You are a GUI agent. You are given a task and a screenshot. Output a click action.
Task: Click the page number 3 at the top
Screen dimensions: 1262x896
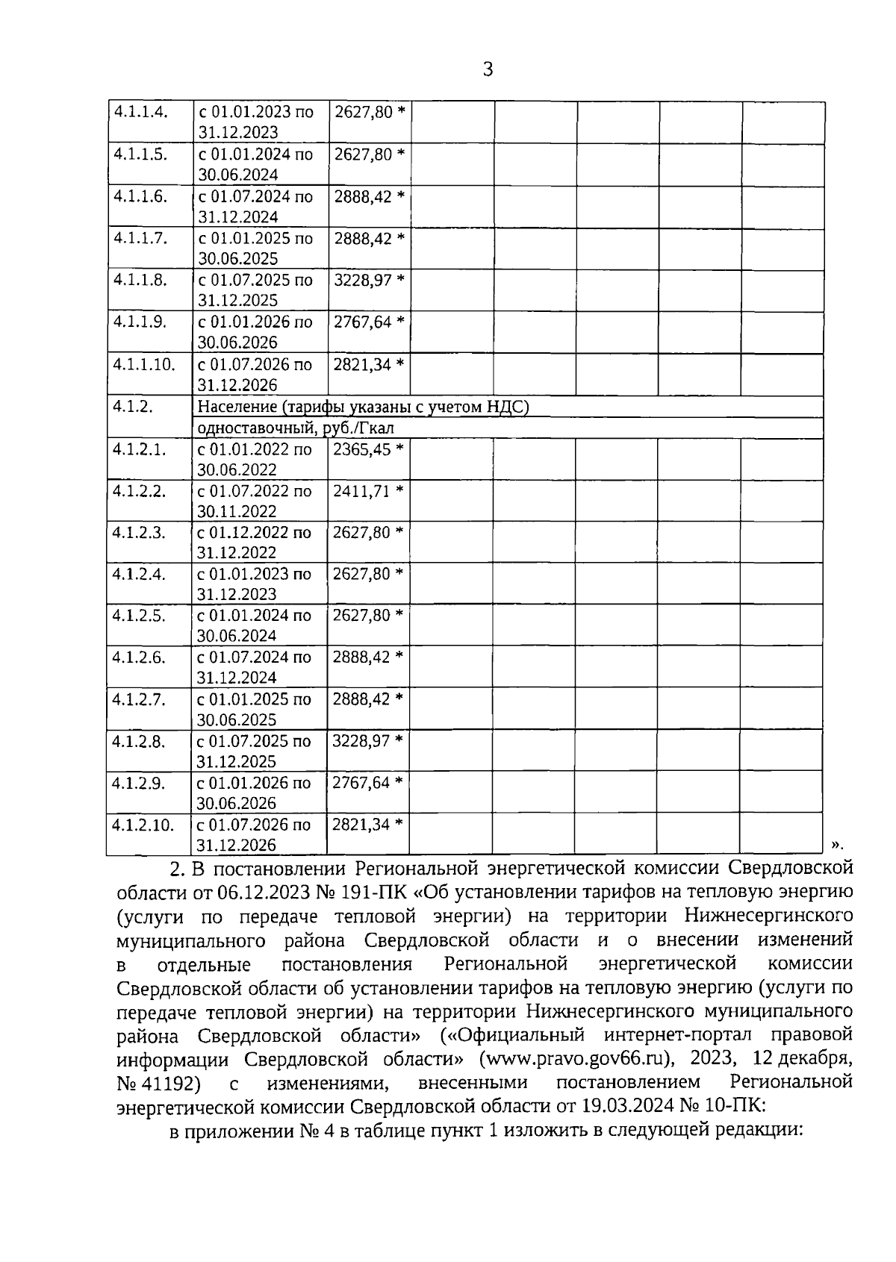click(x=488, y=70)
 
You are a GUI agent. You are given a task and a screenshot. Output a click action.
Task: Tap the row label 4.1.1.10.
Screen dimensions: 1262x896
click(x=143, y=365)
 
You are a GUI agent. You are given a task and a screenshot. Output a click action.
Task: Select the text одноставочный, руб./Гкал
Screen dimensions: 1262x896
click(x=295, y=428)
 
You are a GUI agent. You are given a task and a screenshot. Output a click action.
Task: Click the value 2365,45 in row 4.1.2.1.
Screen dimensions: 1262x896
click(x=362, y=449)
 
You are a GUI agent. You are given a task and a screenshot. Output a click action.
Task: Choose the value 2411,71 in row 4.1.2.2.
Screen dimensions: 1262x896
click(x=362, y=491)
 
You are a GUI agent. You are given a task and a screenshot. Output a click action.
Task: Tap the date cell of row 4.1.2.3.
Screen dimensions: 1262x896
click(x=254, y=543)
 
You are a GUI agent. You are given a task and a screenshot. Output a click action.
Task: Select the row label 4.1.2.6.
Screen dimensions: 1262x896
click(x=139, y=658)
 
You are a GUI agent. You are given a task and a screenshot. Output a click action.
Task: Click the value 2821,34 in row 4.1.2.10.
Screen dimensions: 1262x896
click(x=361, y=825)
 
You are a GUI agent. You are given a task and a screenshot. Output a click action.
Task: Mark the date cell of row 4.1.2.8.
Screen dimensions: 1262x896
click(x=254, y=752)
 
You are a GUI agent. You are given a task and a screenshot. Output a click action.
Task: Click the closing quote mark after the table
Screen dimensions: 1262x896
click(x=837, y=844)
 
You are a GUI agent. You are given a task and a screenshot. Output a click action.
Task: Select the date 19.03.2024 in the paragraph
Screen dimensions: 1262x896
click(x=644, y=1106)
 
